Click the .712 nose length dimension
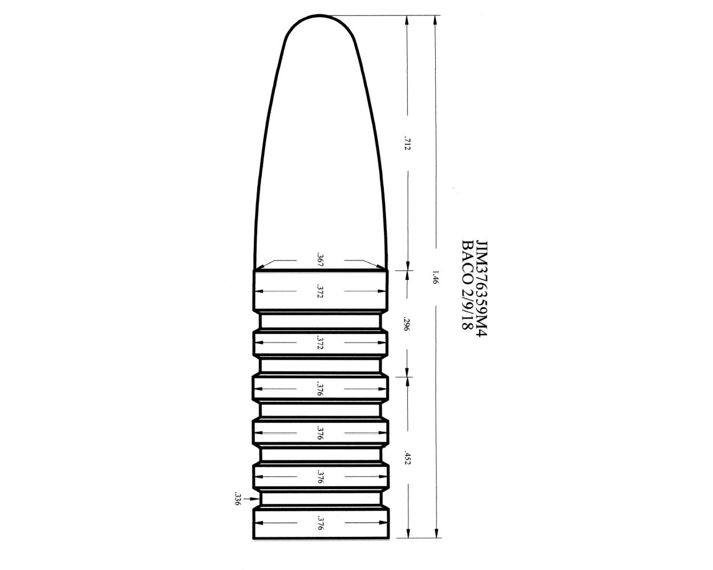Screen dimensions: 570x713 tap(407, 142)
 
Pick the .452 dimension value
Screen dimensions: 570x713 tap(406, 458)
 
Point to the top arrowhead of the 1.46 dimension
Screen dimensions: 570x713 tap(435, 21)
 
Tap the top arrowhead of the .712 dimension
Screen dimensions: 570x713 tap(407, 21)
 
